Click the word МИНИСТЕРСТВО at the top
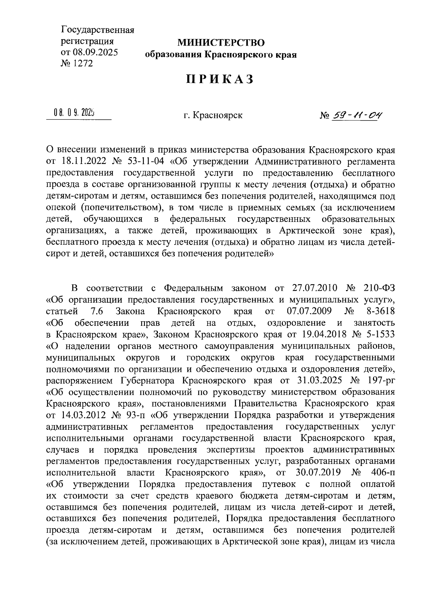(221, 43)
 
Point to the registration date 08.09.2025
(95, 52)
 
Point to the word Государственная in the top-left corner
(98, 30)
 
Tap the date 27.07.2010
(314, 288)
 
